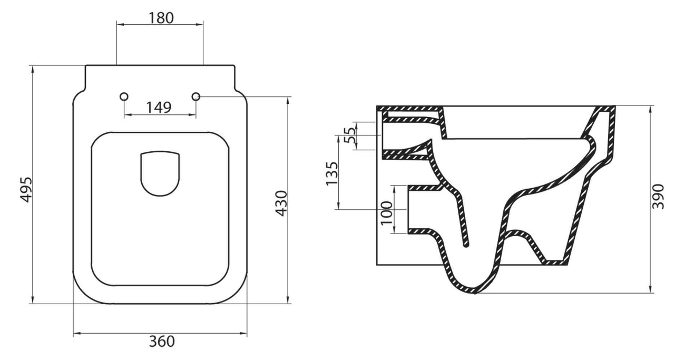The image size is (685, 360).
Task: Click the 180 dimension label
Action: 160,17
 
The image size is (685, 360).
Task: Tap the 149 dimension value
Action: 159,108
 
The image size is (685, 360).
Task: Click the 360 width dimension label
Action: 160,342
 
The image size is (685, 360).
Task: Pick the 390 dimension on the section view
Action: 659,196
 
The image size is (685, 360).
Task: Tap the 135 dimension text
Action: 331,173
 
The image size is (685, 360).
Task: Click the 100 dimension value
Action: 387,213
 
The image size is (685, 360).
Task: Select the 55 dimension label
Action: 349,135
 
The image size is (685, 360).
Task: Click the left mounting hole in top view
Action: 124,96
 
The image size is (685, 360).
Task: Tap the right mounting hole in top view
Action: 196,96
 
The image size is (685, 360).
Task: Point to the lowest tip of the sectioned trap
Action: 475,293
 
